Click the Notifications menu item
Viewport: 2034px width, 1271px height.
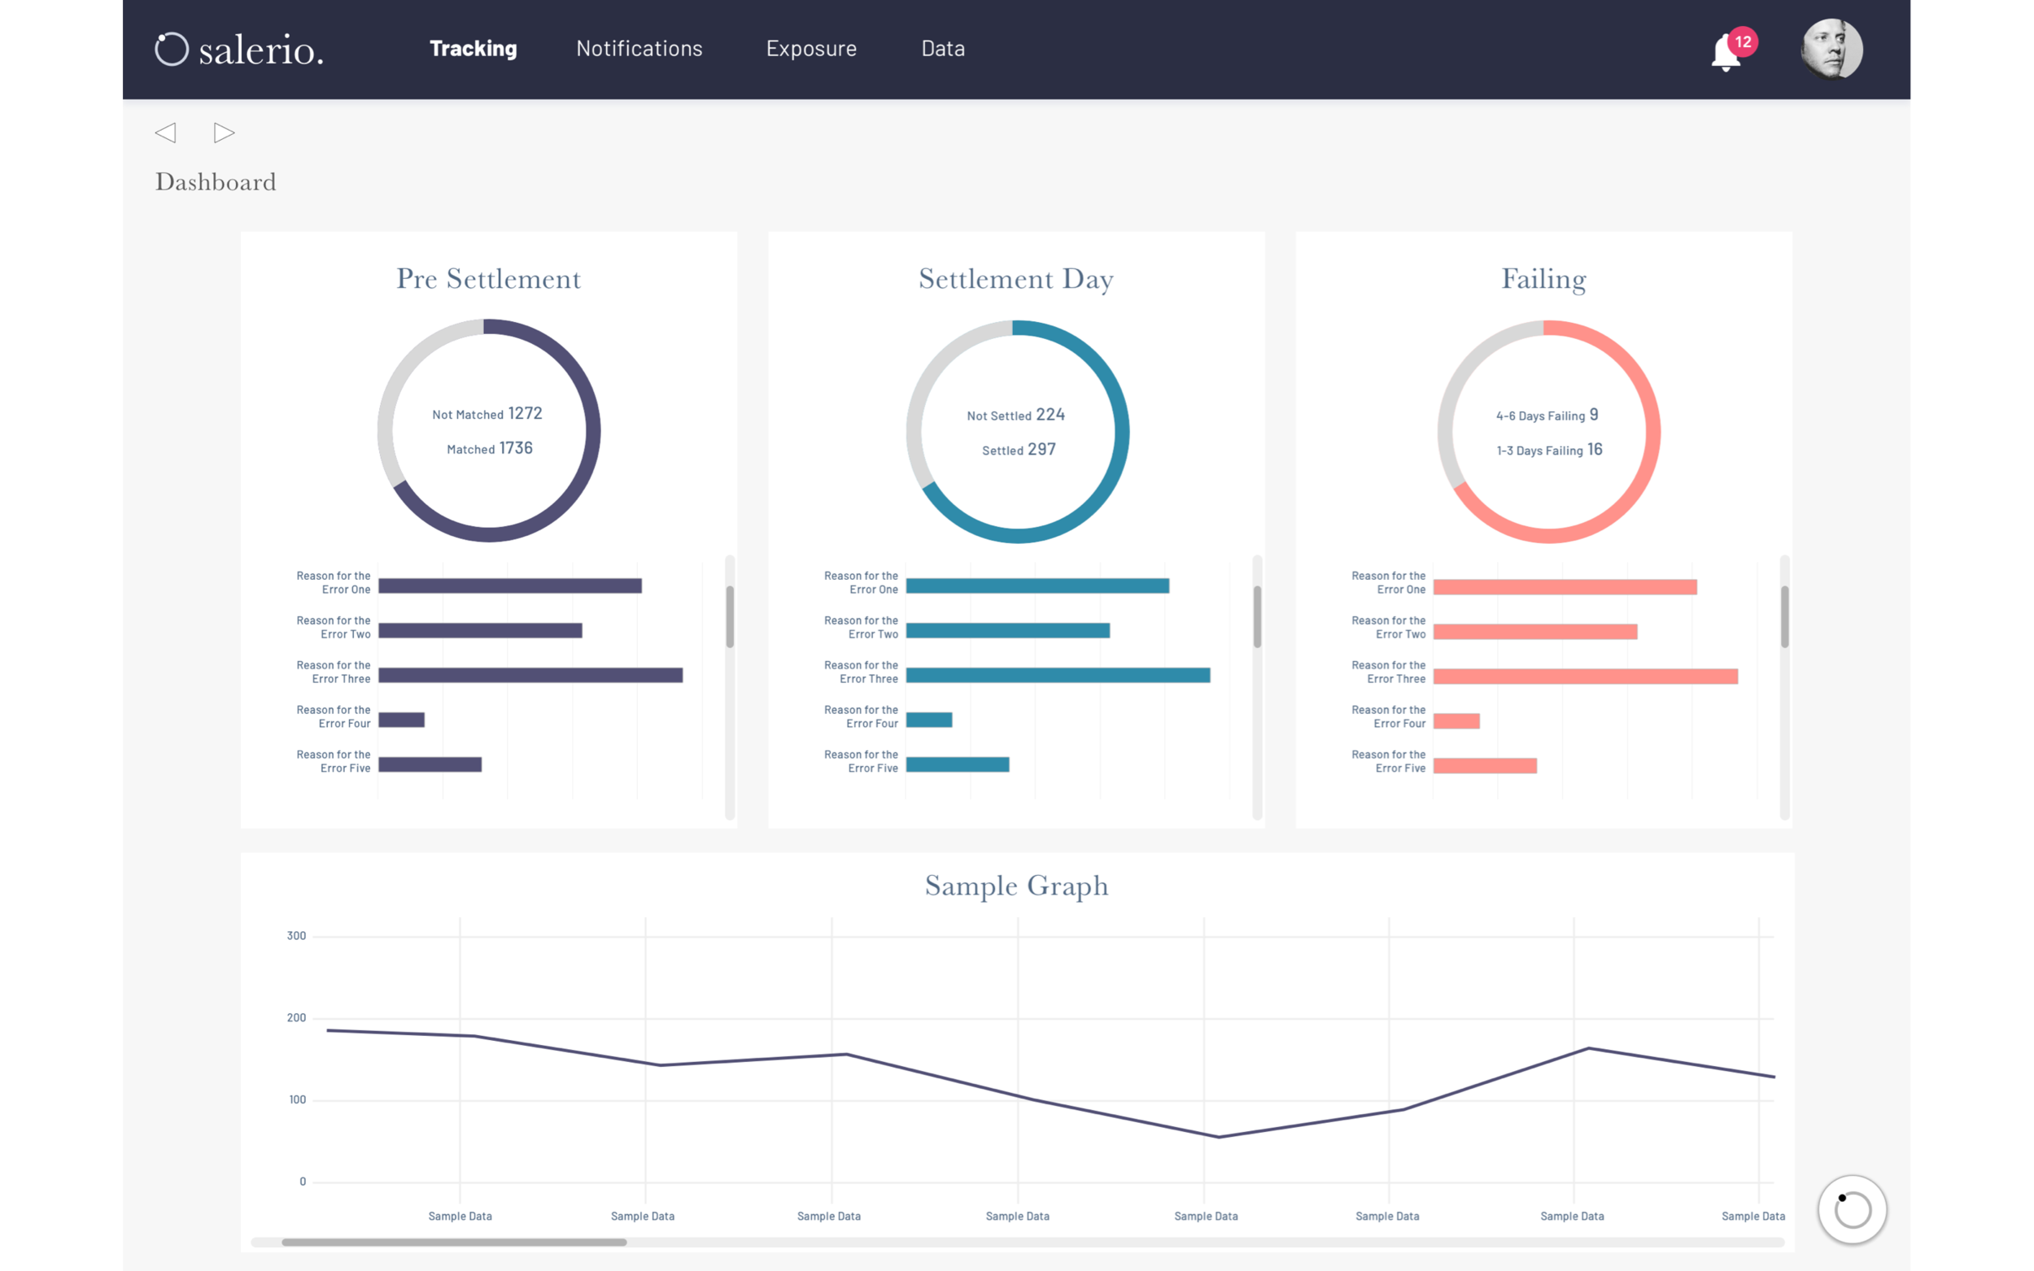(x=639, y=49)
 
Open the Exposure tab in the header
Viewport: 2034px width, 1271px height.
(x=810, y=49)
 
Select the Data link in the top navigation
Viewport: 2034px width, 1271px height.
(x=943, y=49)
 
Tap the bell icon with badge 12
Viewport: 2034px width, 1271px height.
(x=1726, y=52)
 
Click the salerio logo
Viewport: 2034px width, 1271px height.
(x=240, y=50)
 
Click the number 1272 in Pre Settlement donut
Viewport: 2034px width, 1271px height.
(x=525, y=414)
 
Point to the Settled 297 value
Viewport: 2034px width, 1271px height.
(x=1041, y=450)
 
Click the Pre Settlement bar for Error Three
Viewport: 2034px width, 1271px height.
(x=530, y=675)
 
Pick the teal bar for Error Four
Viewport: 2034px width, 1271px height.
(x=928, y=720)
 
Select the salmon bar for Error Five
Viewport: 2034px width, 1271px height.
(x=1484, y=766)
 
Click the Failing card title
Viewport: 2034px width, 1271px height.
(x=1543, y=279)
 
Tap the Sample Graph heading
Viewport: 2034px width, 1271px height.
(x=1015, y=886)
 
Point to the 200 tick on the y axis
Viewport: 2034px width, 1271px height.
(x=296, y=1018)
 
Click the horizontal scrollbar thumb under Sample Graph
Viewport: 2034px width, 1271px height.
(x=454, y=1243)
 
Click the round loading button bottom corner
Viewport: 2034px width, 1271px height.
(x=1852, y=1210)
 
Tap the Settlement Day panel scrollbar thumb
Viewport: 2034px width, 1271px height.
(x=1257, y=617)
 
